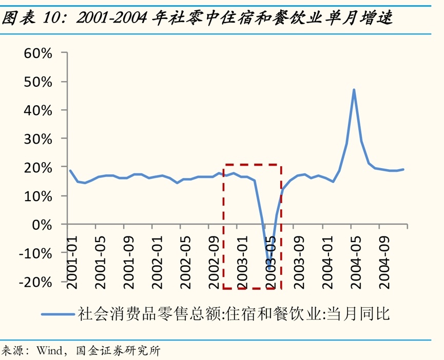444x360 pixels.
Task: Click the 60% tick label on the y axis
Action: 38,53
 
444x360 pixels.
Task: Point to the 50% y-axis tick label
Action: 38,82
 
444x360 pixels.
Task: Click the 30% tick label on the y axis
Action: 38,138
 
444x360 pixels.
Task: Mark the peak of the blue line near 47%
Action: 354,90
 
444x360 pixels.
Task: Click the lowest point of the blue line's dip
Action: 269,267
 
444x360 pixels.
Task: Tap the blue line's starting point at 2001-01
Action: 70,171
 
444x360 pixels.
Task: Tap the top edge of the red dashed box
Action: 252,165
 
